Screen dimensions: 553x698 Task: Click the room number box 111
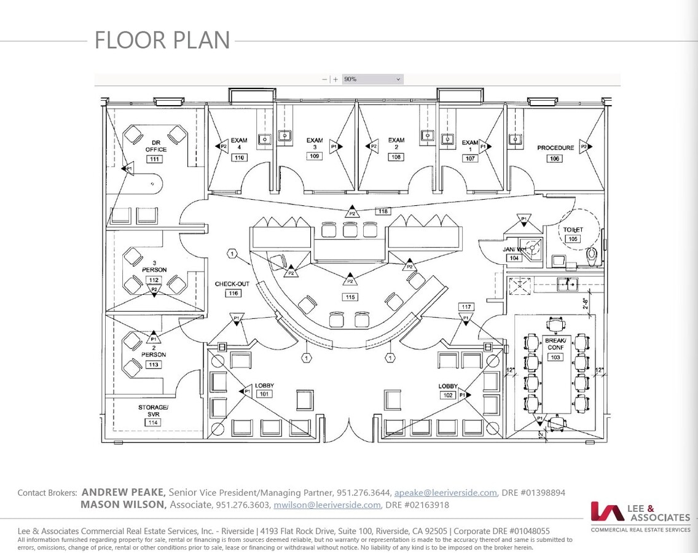point(154,159)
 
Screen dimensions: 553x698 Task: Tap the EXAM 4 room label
point(239,144)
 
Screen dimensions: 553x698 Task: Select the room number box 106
point(555,159)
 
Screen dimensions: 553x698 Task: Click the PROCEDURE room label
point(555,148)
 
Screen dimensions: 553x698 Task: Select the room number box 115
point(350,297)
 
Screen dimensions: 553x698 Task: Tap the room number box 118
point(383,211)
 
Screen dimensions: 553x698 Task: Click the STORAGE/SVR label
point(153,411)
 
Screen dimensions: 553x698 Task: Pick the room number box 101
point(264,394)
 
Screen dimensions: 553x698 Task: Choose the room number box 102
point(448,395)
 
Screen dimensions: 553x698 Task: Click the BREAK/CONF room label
point(555,344)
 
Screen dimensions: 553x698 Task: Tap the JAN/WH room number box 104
point(514,258)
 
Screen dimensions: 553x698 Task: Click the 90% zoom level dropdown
point(372,79)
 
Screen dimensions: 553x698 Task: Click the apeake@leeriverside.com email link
point(445,493)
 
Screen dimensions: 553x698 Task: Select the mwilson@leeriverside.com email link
point(327,505)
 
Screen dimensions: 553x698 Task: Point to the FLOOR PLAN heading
point(162,41)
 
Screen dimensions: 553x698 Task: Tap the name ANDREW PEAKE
point(123,492)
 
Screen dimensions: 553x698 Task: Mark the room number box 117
point(466,307)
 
